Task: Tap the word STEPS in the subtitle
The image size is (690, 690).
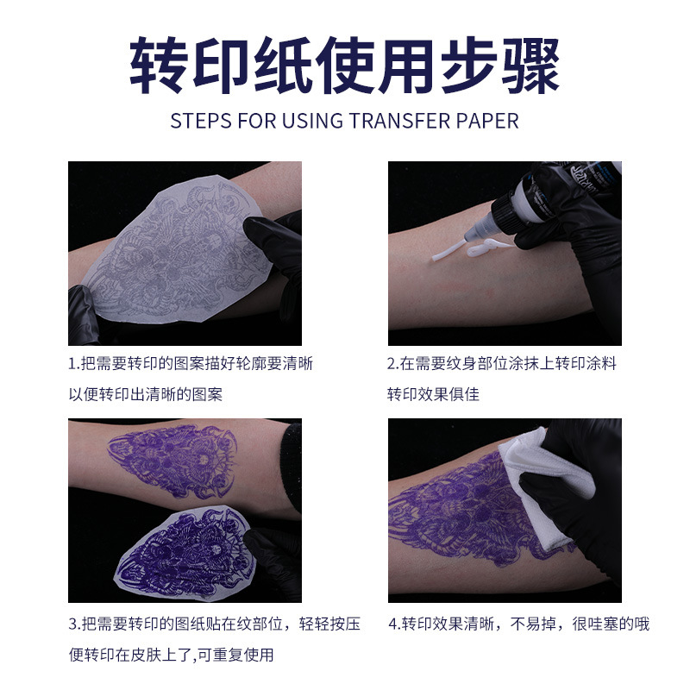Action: (200, 120)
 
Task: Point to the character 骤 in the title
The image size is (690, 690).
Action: (530, 66)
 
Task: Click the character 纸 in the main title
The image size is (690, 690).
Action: (283, 66)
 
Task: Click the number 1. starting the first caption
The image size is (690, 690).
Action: (74, 363)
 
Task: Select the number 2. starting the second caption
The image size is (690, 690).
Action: (392, 363)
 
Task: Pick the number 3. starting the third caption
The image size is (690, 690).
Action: (74, 624)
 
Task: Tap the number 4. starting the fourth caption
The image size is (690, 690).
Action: (393, 624)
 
